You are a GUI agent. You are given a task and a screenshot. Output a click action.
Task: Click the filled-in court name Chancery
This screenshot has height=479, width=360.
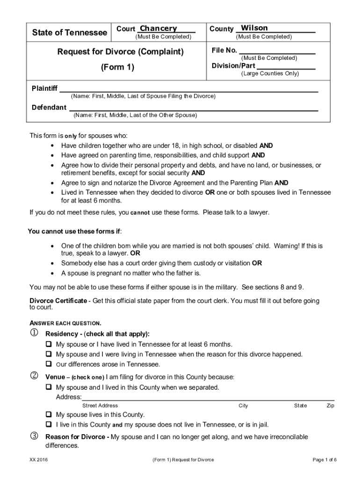[x=158, y=29]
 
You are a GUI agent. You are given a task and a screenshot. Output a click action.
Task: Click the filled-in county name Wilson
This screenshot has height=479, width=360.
[x=254, y=28]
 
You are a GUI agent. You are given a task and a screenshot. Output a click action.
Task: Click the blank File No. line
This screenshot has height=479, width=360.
[x=277, y=51]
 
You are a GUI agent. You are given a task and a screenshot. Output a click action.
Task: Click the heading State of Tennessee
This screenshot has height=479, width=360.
[x=69, y=33]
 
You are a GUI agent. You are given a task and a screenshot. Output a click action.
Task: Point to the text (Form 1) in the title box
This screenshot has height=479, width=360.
[x=117, y=67]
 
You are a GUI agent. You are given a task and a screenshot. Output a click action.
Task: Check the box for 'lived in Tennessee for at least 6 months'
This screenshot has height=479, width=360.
[x=48, y=344]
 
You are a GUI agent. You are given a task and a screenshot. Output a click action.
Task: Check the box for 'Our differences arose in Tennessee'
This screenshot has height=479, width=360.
[x=48, y=363]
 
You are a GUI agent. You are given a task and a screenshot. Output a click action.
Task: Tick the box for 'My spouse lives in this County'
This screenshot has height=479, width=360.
[x=48, y=414]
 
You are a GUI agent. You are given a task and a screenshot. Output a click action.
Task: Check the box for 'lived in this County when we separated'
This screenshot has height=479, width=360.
[x=48, y=387]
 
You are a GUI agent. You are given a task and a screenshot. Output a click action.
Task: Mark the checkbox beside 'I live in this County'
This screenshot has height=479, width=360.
[x=48, y=424]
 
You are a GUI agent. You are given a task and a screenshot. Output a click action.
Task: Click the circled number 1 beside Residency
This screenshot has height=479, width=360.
[x=34, y=334]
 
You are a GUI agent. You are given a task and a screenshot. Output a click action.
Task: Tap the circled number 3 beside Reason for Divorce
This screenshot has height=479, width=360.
[x=34, y=436]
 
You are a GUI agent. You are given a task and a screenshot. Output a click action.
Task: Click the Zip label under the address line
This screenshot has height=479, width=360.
[x=331, y=406]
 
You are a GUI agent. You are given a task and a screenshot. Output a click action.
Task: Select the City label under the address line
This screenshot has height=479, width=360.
[x=243, y=406]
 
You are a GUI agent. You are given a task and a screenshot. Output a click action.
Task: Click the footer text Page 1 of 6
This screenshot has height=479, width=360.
[x=324, y=460]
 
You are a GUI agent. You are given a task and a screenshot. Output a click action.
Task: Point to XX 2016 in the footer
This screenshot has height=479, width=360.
[x=39, y=460]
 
